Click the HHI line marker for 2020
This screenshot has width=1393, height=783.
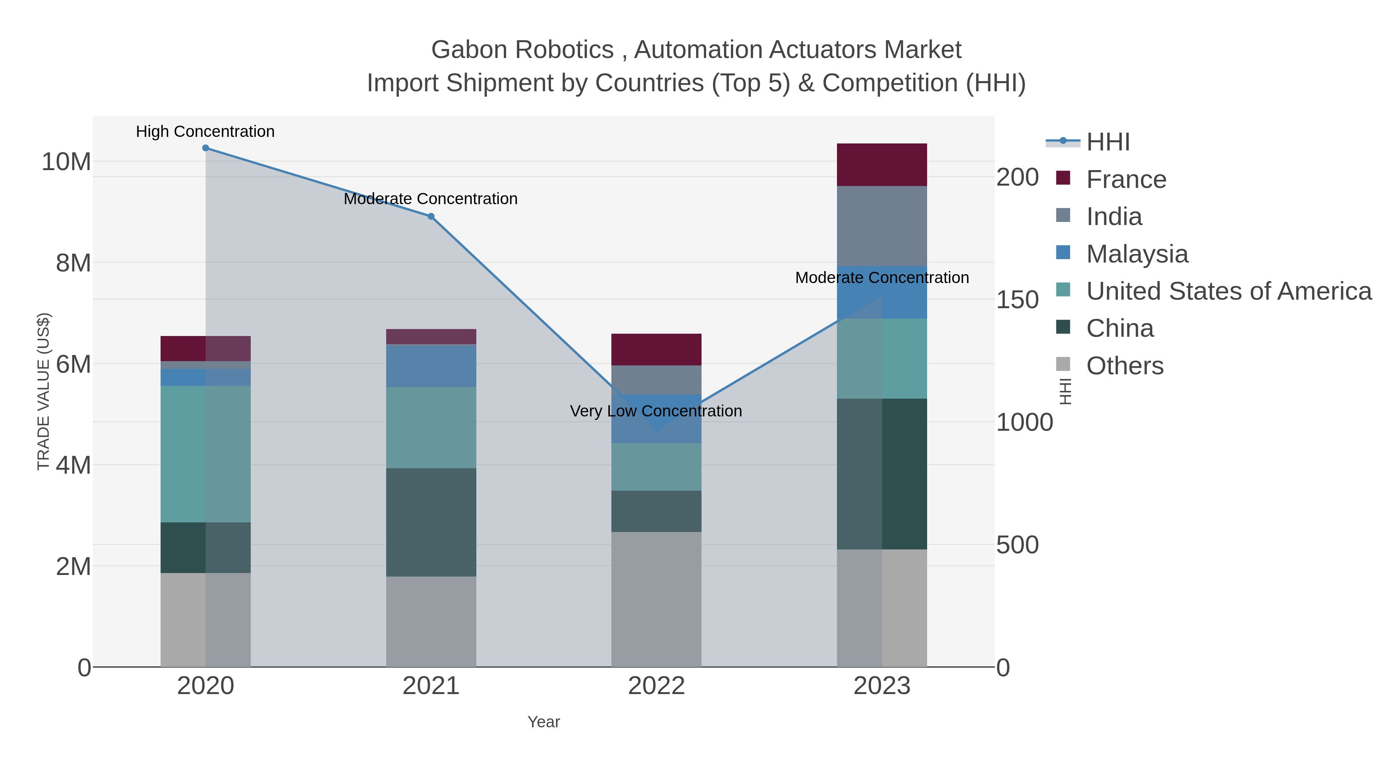point(205,148)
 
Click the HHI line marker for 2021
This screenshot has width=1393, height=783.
point(431,217)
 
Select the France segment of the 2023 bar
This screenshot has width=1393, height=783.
point(882,165)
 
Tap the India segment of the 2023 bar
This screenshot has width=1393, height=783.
point(882,226)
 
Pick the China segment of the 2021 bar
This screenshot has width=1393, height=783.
point(431,522)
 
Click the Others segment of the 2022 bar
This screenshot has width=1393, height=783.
point(656,599)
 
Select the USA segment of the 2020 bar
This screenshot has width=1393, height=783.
point(205,454)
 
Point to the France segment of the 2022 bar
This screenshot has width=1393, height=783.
point(656,350)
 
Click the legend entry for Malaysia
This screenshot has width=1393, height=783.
point(1137,254)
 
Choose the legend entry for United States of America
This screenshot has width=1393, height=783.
point(1228,291)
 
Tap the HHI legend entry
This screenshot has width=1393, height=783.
point(1107,142)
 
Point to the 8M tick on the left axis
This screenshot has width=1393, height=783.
point(74,263)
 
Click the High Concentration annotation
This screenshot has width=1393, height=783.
point(205,132)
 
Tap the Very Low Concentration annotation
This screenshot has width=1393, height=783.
point(655,411)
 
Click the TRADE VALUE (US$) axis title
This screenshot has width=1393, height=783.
point(43,391)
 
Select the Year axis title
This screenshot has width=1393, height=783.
point(544,722)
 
